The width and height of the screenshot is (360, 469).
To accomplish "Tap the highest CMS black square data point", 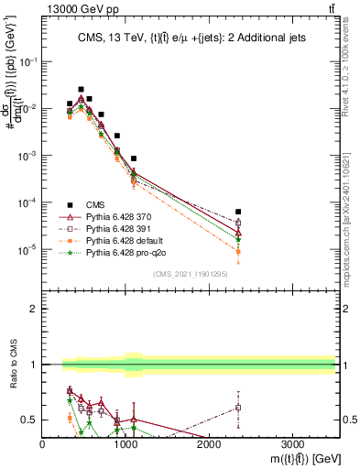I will coord(81,90).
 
